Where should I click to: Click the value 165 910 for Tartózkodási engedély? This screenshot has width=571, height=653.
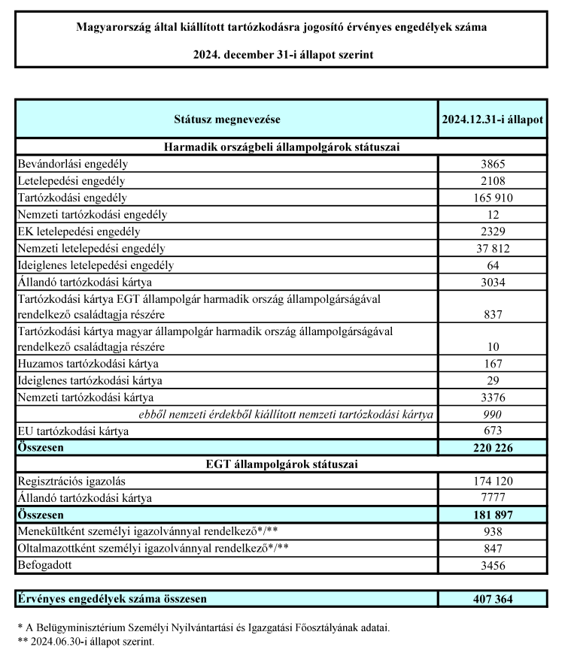pos(493,198)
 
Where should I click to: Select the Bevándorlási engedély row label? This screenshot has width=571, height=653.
pos(72,163)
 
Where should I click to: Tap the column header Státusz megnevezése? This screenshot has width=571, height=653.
pos(226,119)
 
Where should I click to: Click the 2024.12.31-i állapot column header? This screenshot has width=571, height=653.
pos(493,119)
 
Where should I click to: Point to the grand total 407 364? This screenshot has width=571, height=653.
pos(493,599)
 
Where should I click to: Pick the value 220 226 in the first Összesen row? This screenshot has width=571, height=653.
pos(493,448)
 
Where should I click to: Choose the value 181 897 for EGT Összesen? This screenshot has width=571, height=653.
pos(493,515)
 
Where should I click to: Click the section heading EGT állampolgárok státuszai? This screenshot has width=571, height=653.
pos(281,464)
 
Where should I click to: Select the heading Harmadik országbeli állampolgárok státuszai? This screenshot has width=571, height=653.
pos(281,146)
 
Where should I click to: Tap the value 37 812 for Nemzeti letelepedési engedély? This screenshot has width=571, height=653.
pos(493,248)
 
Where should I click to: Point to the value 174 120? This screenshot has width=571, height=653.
pos(493,481)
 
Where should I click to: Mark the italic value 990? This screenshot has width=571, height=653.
pos(493,414)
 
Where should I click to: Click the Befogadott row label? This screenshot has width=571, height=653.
pos(47,565)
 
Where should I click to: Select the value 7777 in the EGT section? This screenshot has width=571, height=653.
pos(493,498)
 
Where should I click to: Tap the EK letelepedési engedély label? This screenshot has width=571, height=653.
pos(78,231)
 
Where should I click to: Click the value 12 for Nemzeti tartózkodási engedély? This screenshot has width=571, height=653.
pos(493,215)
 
